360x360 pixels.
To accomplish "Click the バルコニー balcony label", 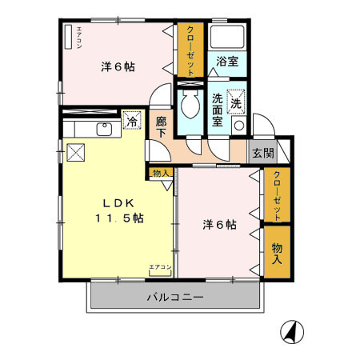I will pyautogui.click(x=175, y=297).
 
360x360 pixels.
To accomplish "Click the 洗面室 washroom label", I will pyautogui.click(x=217, y=111).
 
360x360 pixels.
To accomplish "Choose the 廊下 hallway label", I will pyautogui.click(x=161, y=127).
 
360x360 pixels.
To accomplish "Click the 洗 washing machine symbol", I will pyautogui.click(x=237, y=102).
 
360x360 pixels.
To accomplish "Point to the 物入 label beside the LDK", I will pyautogui.click(x=160, y=172).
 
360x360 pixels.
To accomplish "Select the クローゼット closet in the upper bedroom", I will pyautogui.click(x=190, y=50).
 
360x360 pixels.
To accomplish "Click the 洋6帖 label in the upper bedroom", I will pyautogui.click(x=118, y=66).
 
